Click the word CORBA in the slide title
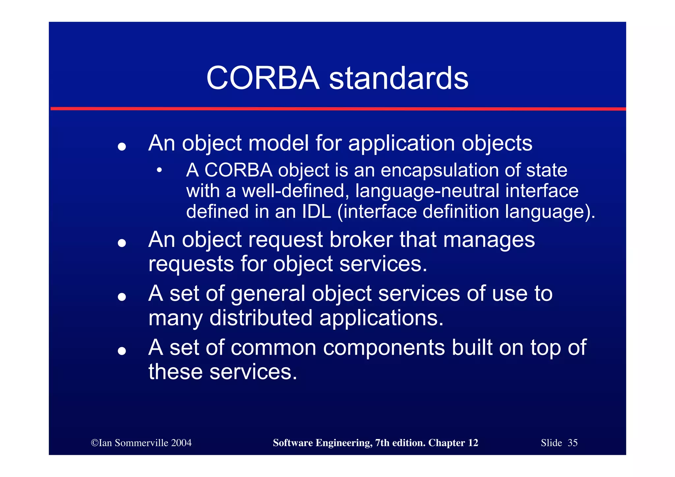click(263, 78)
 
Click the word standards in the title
click(398, 78)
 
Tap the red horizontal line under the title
click(337, 109)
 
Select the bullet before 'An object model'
click(122, 146)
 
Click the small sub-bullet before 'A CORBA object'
click(160, 170)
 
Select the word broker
click(361, 240)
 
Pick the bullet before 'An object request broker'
click(122, 243)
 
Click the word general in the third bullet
click(268, 294)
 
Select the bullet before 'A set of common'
click(122, 351)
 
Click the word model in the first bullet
click(279, 143)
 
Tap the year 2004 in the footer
click(181, 443)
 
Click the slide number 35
click(572, 443)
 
